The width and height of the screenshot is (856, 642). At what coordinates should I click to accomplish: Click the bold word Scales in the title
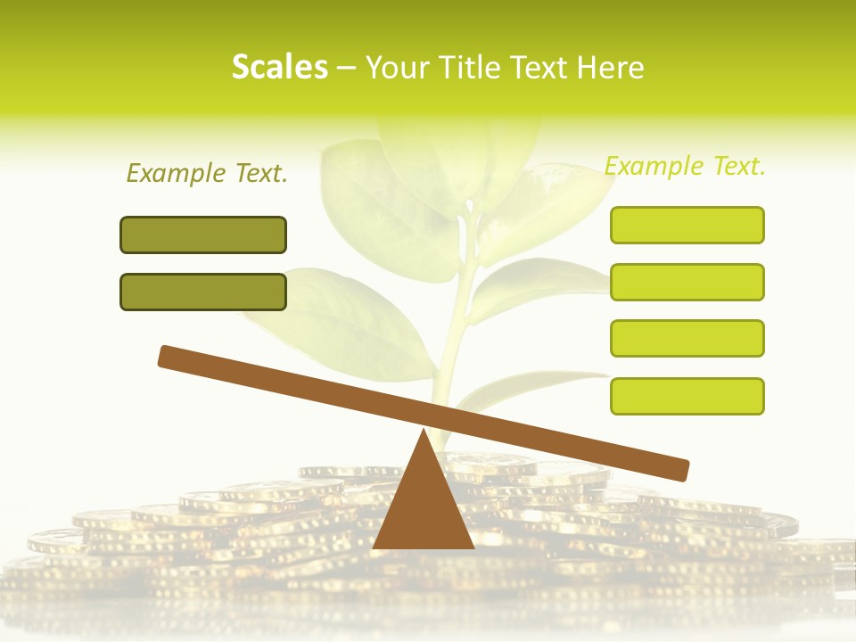click(x=279, y=67)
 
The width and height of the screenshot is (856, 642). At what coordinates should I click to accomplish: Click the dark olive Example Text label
click(x=207, y=173)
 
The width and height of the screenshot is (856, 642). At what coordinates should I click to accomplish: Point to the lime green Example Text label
click(x=685, y=166)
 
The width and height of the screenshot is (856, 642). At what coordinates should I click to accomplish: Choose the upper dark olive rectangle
click(x=203, y=235)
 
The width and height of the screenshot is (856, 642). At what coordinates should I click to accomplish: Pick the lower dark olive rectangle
click(x=203, y=292)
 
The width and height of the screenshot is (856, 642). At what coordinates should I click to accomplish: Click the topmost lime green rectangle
click(x=687, y=225)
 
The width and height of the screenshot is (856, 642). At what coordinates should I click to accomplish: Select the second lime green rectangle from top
click(x=687, y=282)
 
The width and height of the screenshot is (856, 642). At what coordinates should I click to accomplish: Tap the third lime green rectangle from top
click(x=687, y=338)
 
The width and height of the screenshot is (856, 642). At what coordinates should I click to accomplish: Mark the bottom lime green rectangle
click(x=687, y=396)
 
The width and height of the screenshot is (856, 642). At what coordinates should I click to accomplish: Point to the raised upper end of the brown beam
click(x=166, y=356)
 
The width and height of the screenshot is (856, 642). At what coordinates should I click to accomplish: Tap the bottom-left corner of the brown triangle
click(x=374, y=547)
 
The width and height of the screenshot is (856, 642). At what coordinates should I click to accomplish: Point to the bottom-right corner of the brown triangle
click(x=473, y=547)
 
